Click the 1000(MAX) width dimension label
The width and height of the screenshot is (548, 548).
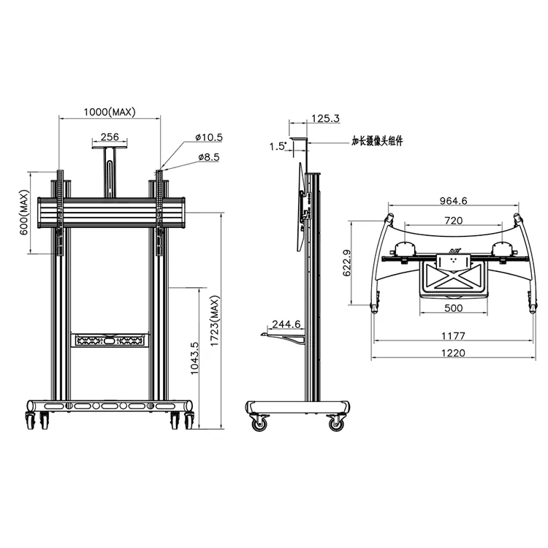pos(110,112)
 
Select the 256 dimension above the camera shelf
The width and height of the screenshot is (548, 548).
pos(110,137)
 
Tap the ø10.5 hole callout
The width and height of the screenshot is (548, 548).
pos(209,137)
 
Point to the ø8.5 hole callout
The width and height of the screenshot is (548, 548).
pos(209,157)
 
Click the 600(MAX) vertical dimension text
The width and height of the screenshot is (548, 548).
pos(24,212)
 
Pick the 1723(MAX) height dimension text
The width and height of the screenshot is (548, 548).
pos(214,321)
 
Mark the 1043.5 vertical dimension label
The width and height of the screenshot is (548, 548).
pos(194,358)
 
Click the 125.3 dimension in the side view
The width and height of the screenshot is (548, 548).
pos(325,118)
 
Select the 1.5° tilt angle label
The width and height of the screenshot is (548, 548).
pos(278,146)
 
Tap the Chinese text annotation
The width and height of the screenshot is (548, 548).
pos(377,141)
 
